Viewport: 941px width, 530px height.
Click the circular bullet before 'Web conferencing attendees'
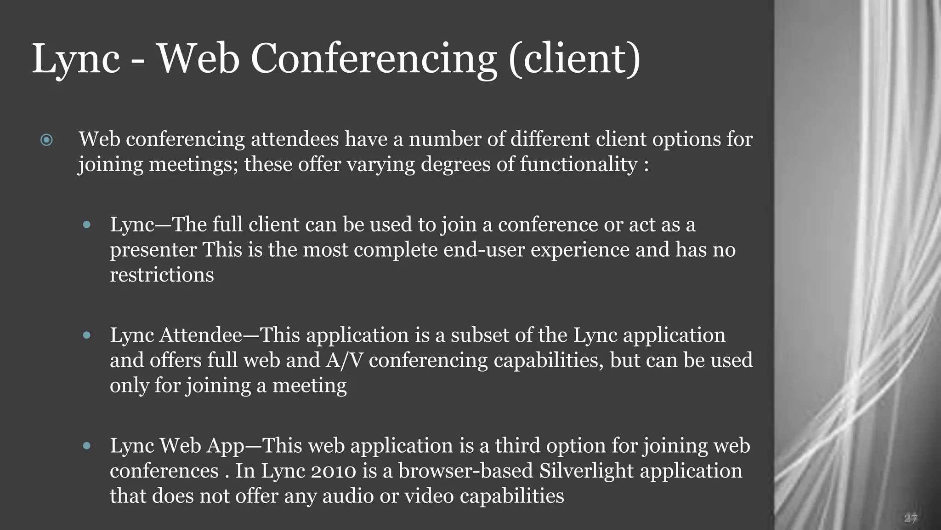point(46,140)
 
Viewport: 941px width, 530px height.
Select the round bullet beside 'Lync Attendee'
point(86,335)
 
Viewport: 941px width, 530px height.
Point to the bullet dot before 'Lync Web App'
point(86,446)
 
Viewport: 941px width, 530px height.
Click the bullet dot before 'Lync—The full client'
point(86,225)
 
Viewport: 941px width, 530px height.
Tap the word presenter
point(153,250)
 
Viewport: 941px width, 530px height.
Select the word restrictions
point(162,275)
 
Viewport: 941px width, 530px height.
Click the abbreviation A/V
point(345,360)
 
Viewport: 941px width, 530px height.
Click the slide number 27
point(910,518)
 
